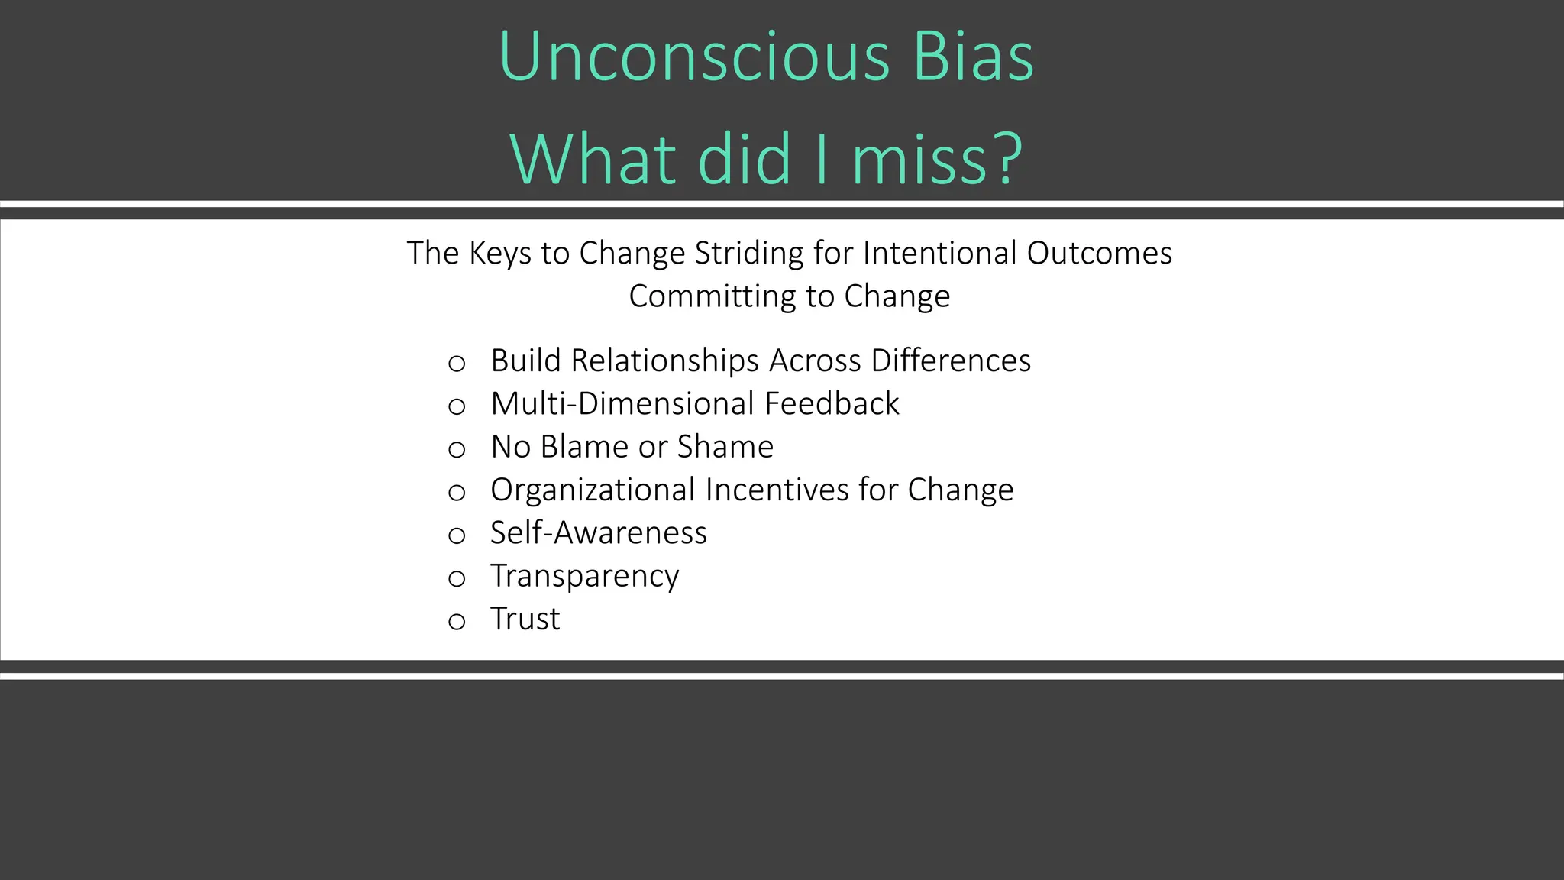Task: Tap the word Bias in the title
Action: pyautogui.click(x=974, y=57)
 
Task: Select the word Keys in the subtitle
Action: pyautogui.click(x=501, y=254)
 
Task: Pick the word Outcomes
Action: pyautogui.click(x=1099, y=254)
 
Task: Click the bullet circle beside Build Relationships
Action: pyautogui.click(x=457, y=364)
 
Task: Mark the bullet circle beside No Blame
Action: pyautogui.click(x=457, y=449)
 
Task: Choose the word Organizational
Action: pyautogui.click(x=593, y=490)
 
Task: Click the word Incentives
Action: pyautogui.click(x=777, y=490)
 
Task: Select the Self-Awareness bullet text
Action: pyautogui.click(x=599, y=532)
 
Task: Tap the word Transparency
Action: pyautogui.click(x=584, y=576)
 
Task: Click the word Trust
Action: pyautogui.click(x=525, y=619)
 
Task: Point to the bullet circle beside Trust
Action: pyautogui.click(x=457, y=622)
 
